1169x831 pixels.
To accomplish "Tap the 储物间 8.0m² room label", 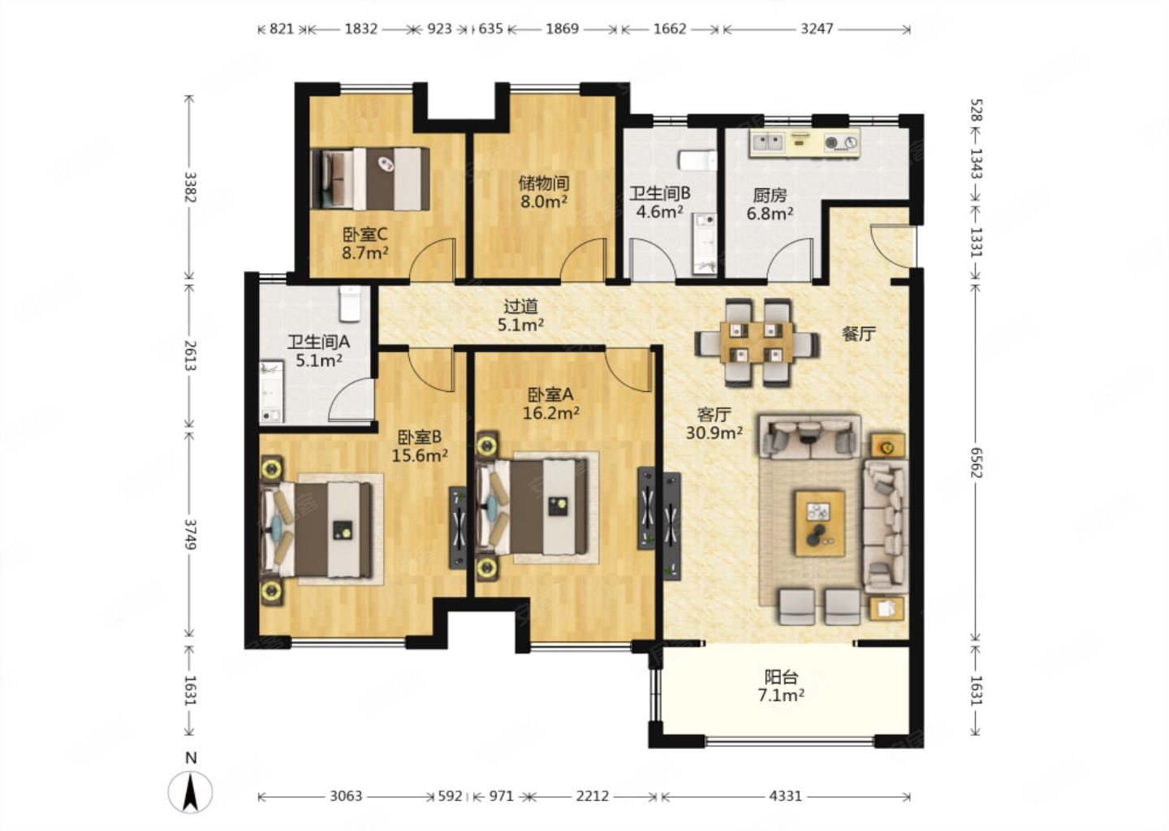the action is pos(544,192).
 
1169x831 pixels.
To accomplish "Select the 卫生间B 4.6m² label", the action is pos(660,202).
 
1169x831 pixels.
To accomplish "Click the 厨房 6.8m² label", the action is pos(770,204).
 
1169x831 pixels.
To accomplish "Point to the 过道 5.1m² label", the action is pos(521,316).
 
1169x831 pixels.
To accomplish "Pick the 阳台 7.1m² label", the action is pos(781,686).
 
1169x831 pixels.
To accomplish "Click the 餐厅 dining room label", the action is pos(859,334).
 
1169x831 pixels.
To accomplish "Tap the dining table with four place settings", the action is pos(757,342).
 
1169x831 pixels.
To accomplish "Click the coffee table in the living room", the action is pos(820,523).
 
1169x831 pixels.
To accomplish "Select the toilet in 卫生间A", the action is pos(350,304).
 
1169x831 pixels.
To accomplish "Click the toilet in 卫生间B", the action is pos(698,160).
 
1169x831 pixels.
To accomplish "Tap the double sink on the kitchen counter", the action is pos(766,142).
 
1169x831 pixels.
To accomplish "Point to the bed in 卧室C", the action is pos(370,179).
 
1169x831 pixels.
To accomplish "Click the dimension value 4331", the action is pos(786,796).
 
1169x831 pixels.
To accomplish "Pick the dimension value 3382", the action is pos(190,187).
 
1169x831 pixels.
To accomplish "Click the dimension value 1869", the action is pos(562,28).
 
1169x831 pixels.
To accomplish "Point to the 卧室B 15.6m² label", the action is pos(420,446).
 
